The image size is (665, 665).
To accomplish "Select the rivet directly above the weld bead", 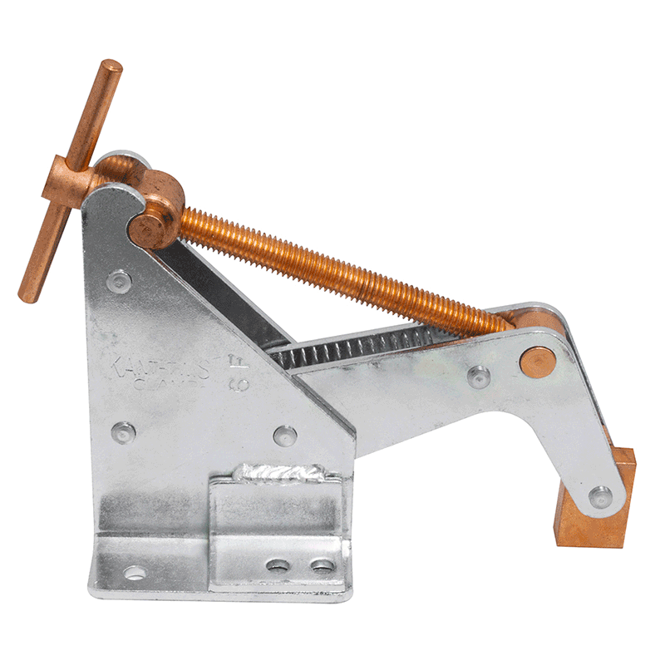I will pyautogui.click(x=283, y=435).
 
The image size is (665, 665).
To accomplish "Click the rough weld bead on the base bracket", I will pyautogui.click(x=278, y=475).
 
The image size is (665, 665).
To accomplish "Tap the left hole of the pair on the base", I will pyautogui.click(x=278, y=566).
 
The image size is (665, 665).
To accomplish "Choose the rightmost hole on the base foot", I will pyautogui.click(x=323, y=566).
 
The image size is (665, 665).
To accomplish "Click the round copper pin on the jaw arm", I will pyautogui.click(x=538, y=362).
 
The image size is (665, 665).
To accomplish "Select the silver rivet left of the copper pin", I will pyautogui.click(x=479, y=377).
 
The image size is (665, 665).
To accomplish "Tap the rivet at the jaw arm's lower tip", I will pyautogui.click(x=599, y=496).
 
